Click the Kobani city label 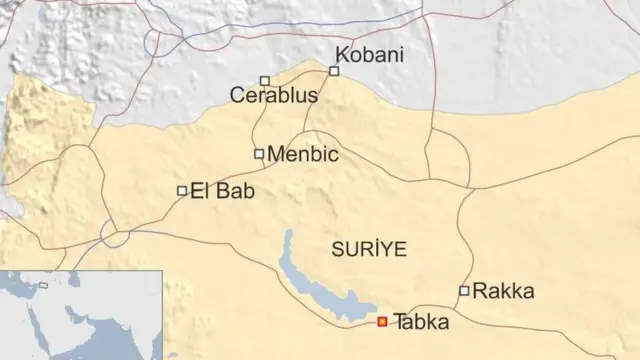370,55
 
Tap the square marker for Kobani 334,71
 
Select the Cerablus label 273,96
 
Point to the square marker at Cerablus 264,81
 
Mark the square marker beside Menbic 259,154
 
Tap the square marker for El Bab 182,190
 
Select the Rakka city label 503,291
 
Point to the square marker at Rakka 464,291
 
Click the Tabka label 422,322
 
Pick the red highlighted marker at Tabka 382,322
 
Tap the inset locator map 80,314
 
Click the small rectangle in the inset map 43,286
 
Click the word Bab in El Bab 234,190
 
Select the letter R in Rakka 479,291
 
